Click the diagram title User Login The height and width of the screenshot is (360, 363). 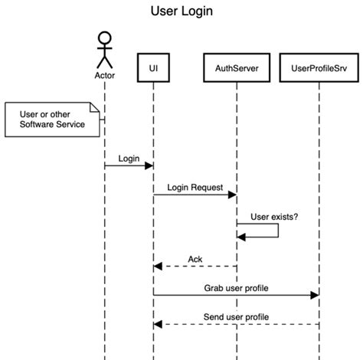[x=181, y=12]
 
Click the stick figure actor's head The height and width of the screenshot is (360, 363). [x=104, y=38]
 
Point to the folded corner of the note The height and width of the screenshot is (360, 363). [x=96, y=106]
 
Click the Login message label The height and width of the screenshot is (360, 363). [x=129, y=158]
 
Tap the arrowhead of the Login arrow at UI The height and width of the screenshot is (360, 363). [x=149, y=165]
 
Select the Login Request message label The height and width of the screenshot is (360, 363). [x=195, y=187]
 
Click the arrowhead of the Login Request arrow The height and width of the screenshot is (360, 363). [x=233, y=195]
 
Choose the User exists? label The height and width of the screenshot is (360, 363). [x=274, y=216]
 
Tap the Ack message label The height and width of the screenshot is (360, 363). [x=195, y=258]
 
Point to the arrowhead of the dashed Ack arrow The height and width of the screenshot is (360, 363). [x=158, y=266]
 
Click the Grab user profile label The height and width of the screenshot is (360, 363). [x=235, y=288]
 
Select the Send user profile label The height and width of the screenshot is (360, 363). [x=236, y=316]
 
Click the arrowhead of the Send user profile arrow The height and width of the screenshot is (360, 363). [x=158, y=324]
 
